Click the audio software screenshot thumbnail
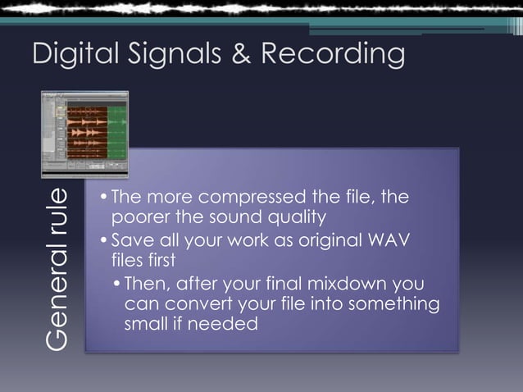coord(85,134)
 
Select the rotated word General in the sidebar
coord(57,303)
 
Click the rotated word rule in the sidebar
coord(57,216)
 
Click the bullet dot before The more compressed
coord(103,198)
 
